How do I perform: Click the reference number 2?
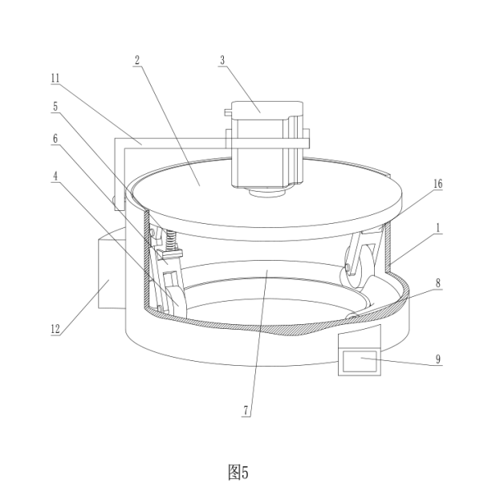(x=137, y=60)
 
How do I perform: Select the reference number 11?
(x=55, y=78)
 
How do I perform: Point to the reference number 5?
(x=55, y=105)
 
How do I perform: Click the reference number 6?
(x=55, y=138)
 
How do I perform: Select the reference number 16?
(x=438, y=184)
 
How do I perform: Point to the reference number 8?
(x=438, y=283)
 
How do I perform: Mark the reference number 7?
(x=247, y=414)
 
